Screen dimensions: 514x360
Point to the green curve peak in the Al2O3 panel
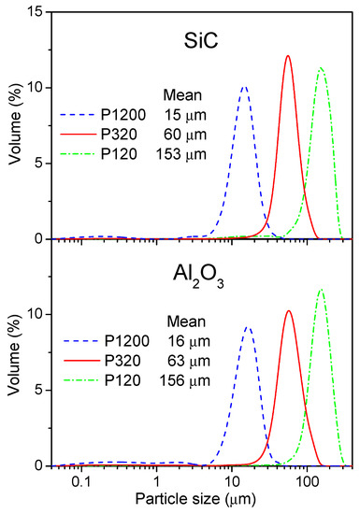click(322, 289)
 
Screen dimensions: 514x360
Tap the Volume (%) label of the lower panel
click(13, 351)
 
